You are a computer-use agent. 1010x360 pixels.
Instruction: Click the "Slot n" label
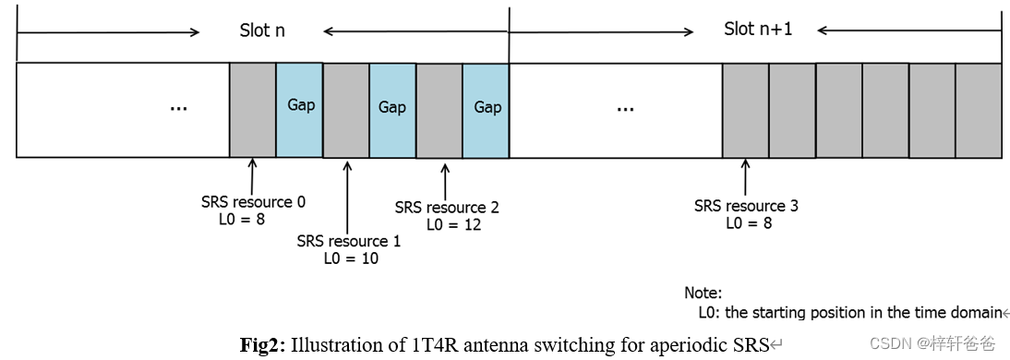(262, 30)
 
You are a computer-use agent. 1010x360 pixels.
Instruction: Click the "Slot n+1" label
(758, 30)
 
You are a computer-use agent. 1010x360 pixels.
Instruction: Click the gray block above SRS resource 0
(253, 109)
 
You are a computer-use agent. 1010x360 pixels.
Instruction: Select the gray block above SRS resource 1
(346, 109)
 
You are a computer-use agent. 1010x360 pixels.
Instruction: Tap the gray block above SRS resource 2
(439, 109)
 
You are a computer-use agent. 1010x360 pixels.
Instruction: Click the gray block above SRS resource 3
(746, 109)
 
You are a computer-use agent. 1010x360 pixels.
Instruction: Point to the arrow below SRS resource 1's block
(347, 194)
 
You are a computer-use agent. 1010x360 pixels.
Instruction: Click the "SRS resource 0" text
(253, 201)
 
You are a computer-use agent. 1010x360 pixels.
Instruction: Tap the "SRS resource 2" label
(447, 208)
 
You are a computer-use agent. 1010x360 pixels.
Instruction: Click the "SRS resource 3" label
(746, 206)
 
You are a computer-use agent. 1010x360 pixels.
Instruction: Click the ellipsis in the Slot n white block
(179, 108)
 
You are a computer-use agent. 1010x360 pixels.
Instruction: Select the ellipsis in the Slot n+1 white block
(625, 108)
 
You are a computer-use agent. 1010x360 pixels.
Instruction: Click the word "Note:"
(703, 293)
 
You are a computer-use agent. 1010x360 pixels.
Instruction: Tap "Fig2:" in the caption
(263, 345)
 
